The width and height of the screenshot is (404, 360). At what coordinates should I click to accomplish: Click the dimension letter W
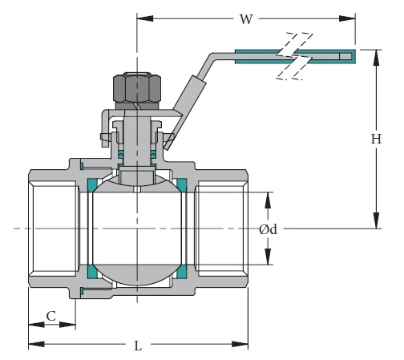(x=246, y=19)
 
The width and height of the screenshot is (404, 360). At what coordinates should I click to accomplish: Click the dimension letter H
(x=376, y=139)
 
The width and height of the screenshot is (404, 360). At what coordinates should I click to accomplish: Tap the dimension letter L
(x=138, y=346)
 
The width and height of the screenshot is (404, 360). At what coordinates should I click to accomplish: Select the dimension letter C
(x=51, y=316)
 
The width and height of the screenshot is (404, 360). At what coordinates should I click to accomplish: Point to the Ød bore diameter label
(x=268, y=229)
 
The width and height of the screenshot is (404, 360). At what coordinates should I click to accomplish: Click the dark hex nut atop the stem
(x=137, y=87)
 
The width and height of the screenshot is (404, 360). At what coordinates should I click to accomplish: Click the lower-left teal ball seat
(x=92, y=271)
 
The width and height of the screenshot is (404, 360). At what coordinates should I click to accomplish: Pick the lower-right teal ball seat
(x=182, y=271)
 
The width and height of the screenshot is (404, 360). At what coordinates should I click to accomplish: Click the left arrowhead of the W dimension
(x=145, y=18)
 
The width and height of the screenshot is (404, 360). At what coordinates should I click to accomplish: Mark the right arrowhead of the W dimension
(x=347, y=18)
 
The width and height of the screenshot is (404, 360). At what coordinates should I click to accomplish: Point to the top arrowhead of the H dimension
(x=376, y=58)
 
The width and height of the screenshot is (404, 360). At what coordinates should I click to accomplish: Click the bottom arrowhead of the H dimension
(x=376, y=220)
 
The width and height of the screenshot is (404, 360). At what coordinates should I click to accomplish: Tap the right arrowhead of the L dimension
(x=240, y=344)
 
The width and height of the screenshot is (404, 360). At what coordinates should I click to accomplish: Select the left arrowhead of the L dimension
(x=36, y=344)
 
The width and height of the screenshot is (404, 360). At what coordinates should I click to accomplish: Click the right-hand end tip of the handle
(x=355, y=56)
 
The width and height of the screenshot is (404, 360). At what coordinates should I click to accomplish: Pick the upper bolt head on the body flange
(x=82, y=166)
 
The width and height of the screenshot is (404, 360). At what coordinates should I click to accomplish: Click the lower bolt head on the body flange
(x=82, y=291)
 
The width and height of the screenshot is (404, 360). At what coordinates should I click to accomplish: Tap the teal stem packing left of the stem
(x=121, y=154)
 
